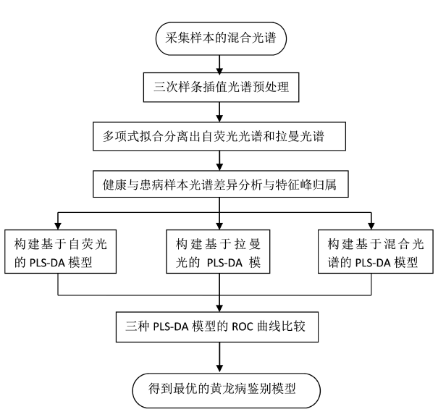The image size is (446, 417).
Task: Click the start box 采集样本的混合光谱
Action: pyautogui.click(x=221, y=38)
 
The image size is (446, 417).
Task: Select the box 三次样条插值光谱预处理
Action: pyautogui.click(x=221, y=88)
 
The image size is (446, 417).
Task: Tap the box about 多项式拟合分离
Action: pyautogui.click(x=219, y=136)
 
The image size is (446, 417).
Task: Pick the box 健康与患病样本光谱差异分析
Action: pyautogui.click(x=221, y=184)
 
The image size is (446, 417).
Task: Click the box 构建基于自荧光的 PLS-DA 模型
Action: pyautogui.click(x=60, y=251)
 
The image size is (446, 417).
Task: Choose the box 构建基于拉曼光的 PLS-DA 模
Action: pyautogui.click(x=218, y=251)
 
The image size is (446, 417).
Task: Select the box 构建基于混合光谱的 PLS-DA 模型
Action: pyautogui.click(x=376, y=251)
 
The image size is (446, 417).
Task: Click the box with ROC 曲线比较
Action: pyautogui.click(x=217, y=327)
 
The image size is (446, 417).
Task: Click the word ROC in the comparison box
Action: pyautogui.click(x=243, y=327)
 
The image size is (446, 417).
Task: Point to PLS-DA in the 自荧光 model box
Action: pyautogui.click(x=47, y=263)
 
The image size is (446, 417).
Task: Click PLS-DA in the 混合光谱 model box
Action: pyautogui.click(x=373, y=263)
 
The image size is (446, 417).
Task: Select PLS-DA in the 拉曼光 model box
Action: pyautogui.click(x=224, y=263)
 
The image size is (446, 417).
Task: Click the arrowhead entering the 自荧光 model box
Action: pyautogui.click(x=58, y=226)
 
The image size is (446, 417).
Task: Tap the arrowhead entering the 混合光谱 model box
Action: pyautogui.click(x=371, y=226)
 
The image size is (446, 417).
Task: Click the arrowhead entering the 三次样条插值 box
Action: pyautogui.click(x=219, y=69)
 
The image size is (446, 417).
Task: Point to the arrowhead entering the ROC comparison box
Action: pyautogui.click(x=219, y=308)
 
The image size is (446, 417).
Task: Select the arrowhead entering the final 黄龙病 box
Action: pyautogui.click(x=219, y=369)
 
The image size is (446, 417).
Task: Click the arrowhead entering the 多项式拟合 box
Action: pyautogui.click(x=219, y=118)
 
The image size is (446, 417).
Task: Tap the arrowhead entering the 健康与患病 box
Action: pyautogui.click(x=219, y=167)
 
